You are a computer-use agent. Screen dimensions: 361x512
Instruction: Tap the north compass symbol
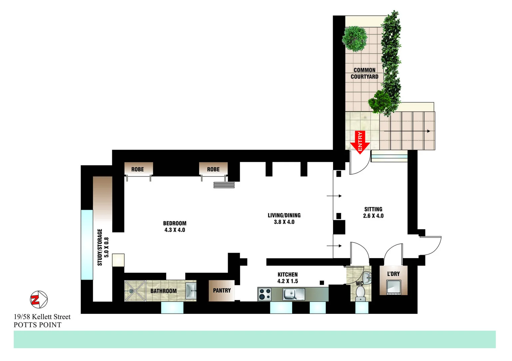coord(39,299)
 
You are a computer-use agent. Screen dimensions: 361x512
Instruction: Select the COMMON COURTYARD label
coord(364,73)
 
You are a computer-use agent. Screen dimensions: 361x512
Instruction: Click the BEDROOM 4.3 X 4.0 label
coord(175,227)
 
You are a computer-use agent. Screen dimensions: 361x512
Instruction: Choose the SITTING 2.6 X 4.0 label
coord(373,213)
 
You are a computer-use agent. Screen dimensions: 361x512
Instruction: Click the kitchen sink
coord(293,294)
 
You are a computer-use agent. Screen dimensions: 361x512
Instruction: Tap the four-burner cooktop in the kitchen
coord(265,294)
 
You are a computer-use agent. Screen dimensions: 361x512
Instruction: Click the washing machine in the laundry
coord(393,287)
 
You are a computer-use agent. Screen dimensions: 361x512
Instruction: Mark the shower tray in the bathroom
coord(135,291)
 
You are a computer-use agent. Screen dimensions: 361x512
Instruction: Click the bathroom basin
coord(191,290)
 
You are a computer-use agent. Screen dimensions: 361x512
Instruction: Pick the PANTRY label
coord(222,290)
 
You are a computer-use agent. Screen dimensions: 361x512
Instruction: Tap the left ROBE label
coord(137,169)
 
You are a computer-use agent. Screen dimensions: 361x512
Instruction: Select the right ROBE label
coord(213,169)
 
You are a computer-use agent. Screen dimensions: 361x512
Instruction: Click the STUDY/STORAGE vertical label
coord(103,247)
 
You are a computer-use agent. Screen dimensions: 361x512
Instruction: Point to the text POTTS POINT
coord(37,325)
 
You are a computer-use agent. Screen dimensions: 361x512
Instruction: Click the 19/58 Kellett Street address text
coord(42,317)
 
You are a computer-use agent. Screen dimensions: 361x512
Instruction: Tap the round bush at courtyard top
coord(355,38)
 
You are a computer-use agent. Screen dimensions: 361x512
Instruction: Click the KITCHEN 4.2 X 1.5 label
coord(287,278)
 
